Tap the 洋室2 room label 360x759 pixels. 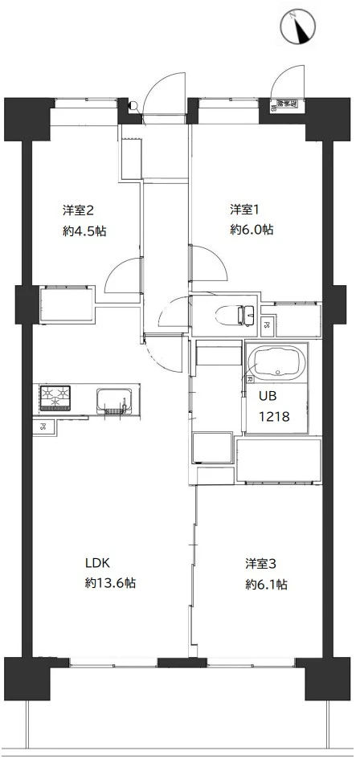click(80, 210)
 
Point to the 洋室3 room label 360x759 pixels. click(263, 563)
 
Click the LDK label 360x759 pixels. click(98, 563)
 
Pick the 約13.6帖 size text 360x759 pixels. click(110, 584)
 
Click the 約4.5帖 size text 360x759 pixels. click(84, 231)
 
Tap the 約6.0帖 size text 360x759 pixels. click(252, 230)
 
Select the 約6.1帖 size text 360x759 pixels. click(266, 584)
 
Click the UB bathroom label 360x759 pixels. click(266, 396)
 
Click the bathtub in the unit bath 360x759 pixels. click(276, 364)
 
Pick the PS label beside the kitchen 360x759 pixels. click(39, 427)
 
